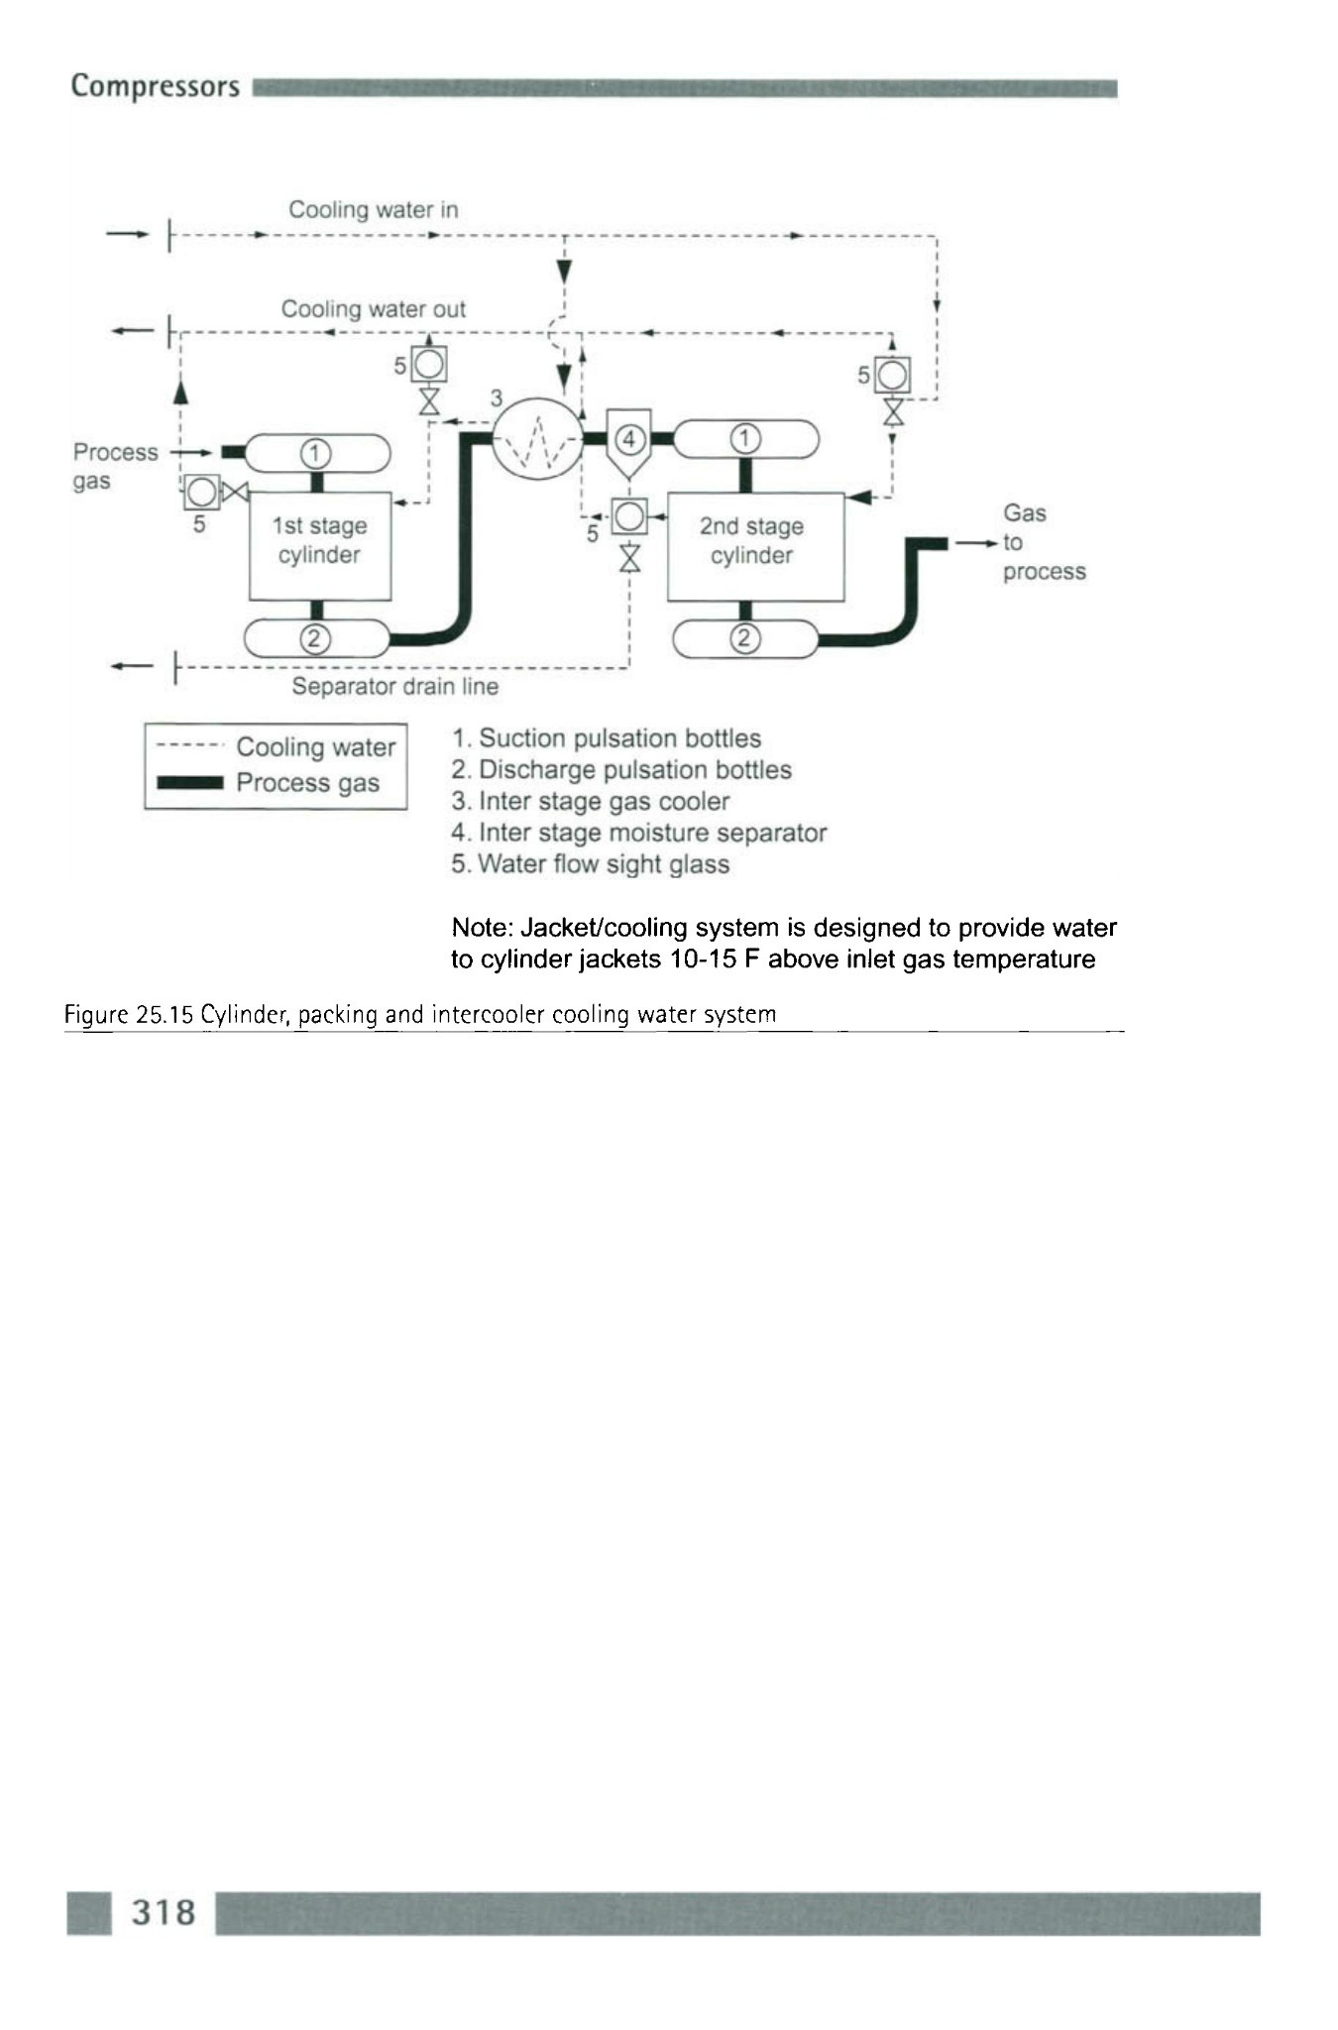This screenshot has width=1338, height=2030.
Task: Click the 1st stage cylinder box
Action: coord(319,544)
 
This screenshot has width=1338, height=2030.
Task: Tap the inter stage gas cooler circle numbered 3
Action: coord(537,437)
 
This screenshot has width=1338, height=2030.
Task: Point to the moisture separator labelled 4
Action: coord(629,439)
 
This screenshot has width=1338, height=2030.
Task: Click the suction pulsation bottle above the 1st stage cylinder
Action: coord(317,454)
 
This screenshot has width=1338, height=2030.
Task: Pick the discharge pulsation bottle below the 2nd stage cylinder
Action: coord(745,638)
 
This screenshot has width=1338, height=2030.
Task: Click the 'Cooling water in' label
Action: coord(373,210)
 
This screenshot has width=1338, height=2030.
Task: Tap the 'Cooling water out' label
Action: coord(373,309)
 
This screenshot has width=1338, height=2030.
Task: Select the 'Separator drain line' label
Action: coord(394,686)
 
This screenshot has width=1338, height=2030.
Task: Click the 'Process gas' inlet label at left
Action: coord(114,466)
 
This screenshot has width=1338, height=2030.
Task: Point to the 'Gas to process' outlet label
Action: coord(1043,542)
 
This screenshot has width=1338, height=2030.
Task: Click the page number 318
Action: coord(164,1912)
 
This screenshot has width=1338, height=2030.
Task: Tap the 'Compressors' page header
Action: coord(155,87)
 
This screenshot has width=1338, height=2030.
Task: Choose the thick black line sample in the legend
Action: coord(190,783)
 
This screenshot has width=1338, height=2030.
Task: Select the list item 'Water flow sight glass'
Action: coord(591,864)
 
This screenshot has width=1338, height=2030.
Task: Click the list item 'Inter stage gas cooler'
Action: coord(591,801)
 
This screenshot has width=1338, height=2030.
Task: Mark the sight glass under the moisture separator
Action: coord(629,515)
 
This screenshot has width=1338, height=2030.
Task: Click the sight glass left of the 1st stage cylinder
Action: coord(201,491)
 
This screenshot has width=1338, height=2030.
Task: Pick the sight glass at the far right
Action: coord(893,375)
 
